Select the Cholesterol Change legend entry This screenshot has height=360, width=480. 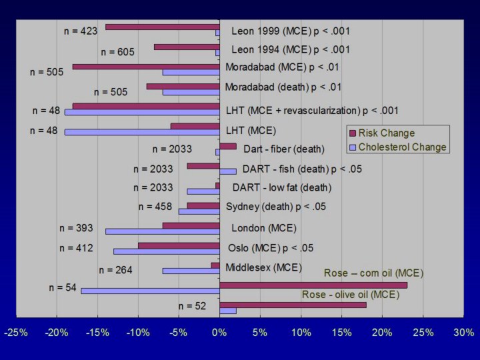(x=397, y=147)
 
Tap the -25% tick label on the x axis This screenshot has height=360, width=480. (x=16, y=332)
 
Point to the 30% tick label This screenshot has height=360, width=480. (x=463, y=332)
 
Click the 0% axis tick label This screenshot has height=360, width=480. (x=219, y=332)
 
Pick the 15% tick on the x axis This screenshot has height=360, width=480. (x=341, y=332)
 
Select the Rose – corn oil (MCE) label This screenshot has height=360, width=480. (x=373, y=273)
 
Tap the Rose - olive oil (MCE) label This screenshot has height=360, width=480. (x=351, y=295)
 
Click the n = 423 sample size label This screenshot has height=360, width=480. (x=80, y=30)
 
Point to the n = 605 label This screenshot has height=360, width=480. (x=118, y=51)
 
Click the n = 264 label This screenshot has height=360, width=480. (x=116, y=270)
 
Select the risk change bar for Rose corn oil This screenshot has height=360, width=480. (x=313, y=285)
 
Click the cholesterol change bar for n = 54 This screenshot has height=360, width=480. (x=150, y=291)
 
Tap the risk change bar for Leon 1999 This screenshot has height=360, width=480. (x=162, y=27)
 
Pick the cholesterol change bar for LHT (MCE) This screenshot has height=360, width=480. (x=141, y=132)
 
